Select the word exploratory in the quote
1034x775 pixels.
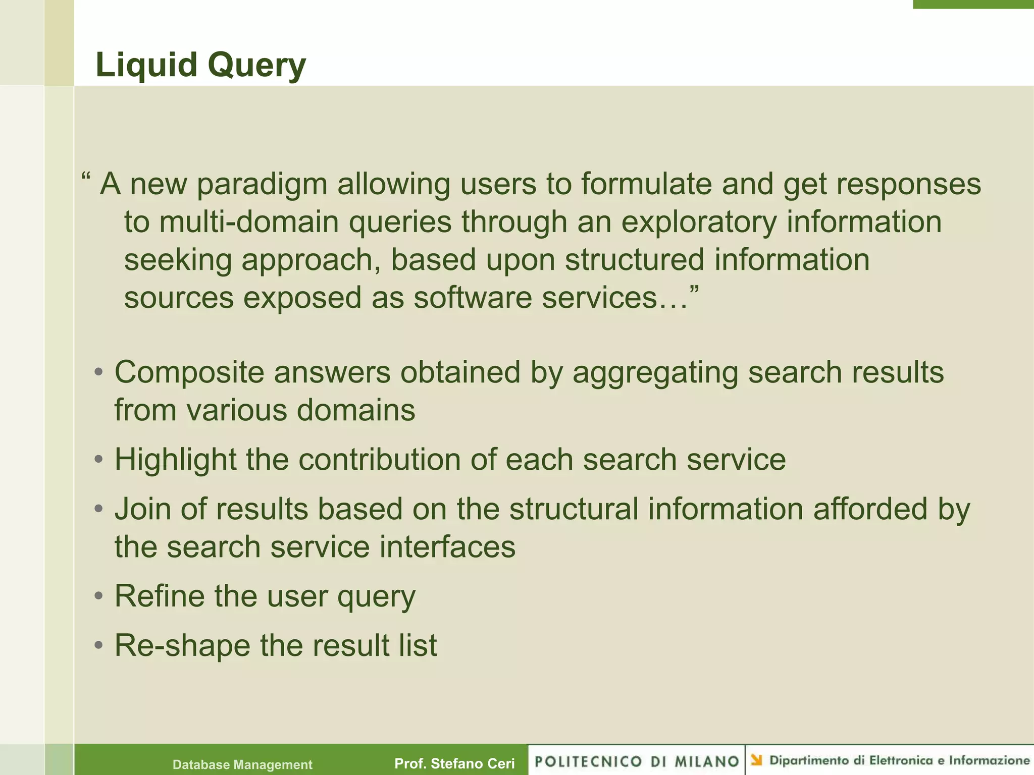point(699,223)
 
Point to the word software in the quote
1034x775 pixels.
point(473,298)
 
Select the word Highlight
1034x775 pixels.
point(175,460)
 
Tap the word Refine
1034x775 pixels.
point(159,596)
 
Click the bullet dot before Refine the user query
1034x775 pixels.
point(99,596)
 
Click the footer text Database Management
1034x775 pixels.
point(242,765)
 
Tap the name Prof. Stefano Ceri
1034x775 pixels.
point(454,764)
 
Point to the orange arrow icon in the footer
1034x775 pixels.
point(756,760)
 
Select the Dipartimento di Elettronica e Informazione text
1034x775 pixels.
point(899,760)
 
